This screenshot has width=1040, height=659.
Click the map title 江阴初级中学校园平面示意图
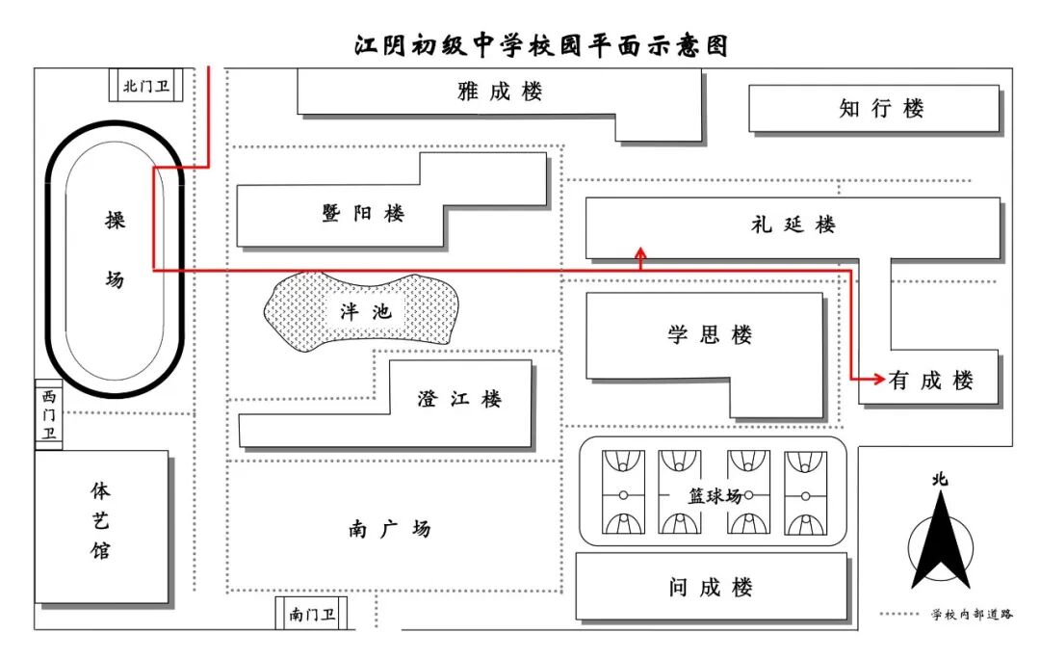tap(540, 46)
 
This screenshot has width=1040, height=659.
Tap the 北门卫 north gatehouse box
tap(146, 86)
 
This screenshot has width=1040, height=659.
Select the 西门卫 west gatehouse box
tap(48, 415)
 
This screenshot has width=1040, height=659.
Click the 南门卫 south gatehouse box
tap(312, 614)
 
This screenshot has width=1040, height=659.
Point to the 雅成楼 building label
tap(500, 91)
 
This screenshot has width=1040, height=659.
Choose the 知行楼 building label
tap(881, 108)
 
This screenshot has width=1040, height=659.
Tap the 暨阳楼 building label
tap(363, 213)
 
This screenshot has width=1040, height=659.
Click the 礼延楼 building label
tap(793, 224)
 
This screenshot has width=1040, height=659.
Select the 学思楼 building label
tap(710, 334)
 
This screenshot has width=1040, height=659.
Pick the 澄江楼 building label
tap(459, 399)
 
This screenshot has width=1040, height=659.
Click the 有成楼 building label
tap(931, 381)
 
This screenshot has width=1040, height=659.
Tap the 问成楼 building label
tap(711, 588)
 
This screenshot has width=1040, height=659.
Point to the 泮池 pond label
tap(366, 311)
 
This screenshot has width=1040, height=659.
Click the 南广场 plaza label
tap(390, 529)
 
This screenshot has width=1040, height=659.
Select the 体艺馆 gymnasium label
tap(100, 521)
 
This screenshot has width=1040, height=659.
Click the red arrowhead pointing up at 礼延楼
tap(640, 252)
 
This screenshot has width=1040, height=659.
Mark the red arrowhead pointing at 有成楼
tap(879, 379)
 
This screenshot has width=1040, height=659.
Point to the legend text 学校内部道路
tap(973, 615)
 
